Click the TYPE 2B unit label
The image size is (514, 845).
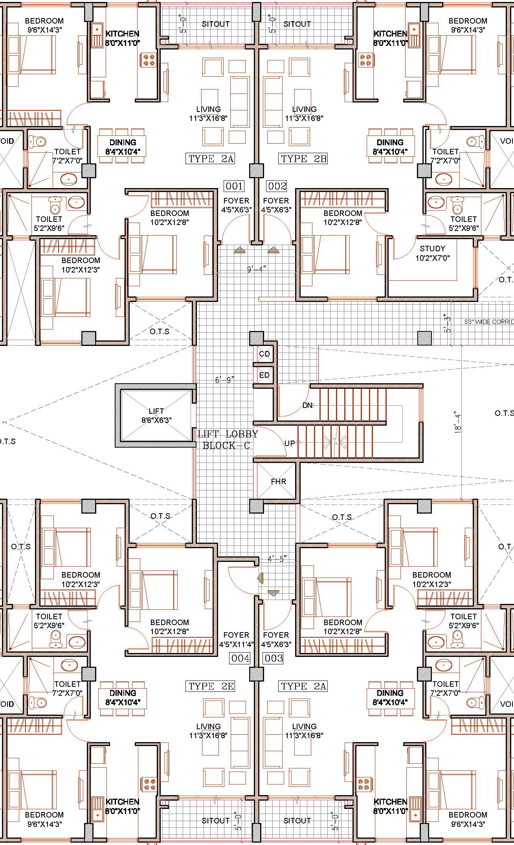(304, 159)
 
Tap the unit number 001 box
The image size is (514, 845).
(234, 186)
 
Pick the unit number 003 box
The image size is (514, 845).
(274, 658)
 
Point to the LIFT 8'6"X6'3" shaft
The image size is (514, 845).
(156, 415)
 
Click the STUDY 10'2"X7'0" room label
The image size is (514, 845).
(432, 253)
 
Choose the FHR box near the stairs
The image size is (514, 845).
(278, 481)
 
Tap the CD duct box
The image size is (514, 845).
(264, 354)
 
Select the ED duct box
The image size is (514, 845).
(264, 375)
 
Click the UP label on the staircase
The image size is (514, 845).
(289, 443)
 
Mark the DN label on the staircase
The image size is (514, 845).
(307, 405)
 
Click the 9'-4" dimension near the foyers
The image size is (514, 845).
(256, 269)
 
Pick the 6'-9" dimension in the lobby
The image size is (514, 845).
(224, 380)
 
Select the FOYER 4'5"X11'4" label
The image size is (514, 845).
(236, 640)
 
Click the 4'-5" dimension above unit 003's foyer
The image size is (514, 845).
(277, 559)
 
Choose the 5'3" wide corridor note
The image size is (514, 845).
(489, 322)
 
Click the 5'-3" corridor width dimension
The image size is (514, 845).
(447, 323)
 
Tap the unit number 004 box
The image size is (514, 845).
(240, 658)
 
